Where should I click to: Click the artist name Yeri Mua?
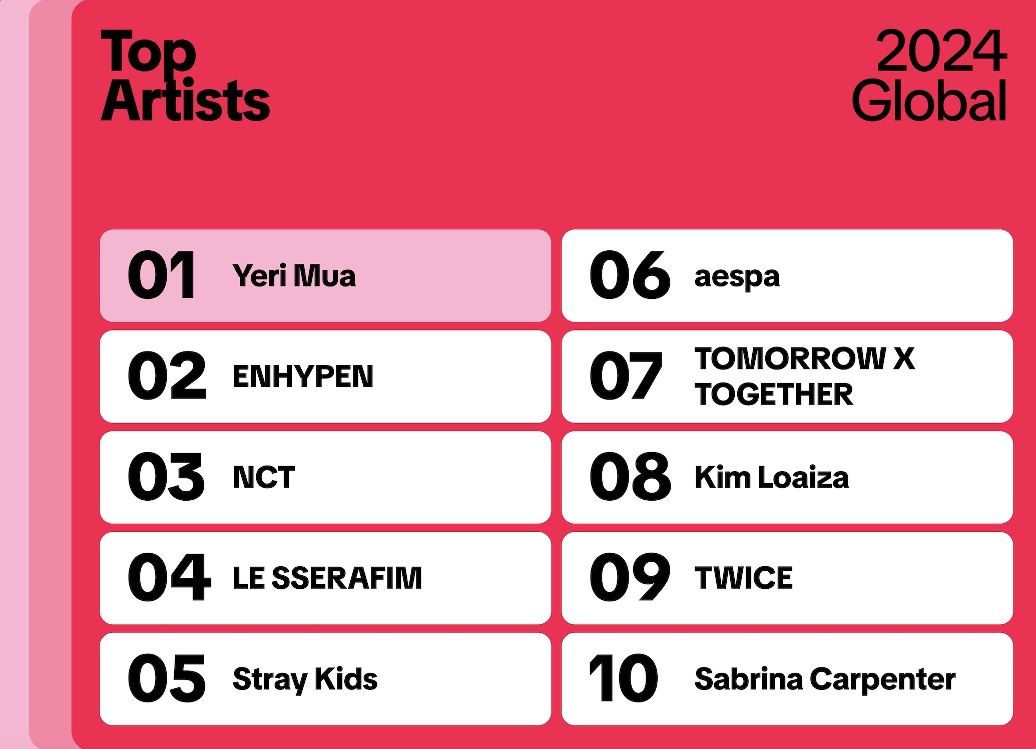294,276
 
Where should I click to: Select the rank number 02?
167,376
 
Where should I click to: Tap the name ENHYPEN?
303,377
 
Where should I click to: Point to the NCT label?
264,477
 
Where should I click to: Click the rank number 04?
169,577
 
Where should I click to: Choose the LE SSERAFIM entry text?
327,578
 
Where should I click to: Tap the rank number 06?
630,275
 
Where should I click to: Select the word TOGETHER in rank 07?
774,394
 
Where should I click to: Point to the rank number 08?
630,476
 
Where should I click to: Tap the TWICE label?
744,578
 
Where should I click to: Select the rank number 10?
624,678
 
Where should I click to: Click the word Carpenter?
882,680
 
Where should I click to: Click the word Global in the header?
929,100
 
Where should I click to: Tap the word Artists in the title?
185,100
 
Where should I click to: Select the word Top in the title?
148,52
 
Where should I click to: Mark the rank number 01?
161,275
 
